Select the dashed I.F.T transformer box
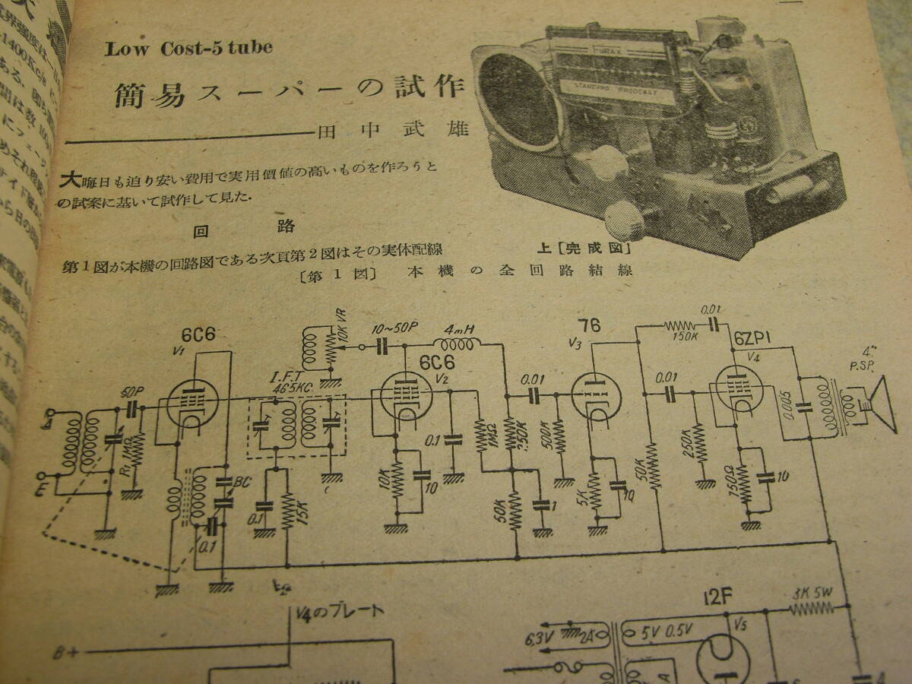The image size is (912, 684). tap(296, 426)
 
